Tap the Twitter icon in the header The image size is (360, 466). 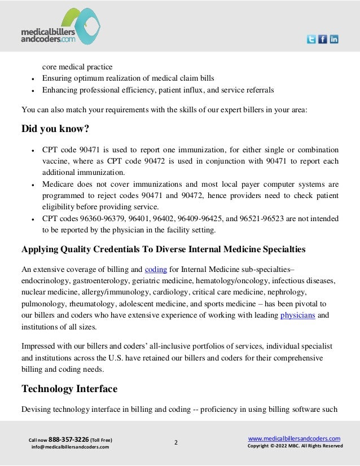[311, 39]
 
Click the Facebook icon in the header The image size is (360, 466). [322, 39]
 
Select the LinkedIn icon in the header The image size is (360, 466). [333, 39]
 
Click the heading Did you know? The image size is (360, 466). [55, 129]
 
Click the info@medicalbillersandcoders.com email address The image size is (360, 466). [70, 447]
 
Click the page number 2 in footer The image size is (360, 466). [175, 443]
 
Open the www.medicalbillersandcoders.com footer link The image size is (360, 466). [294, 438]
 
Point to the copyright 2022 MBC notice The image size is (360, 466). [295, 446]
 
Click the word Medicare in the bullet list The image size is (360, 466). [59, 184]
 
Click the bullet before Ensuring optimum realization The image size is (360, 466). [34, 78]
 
